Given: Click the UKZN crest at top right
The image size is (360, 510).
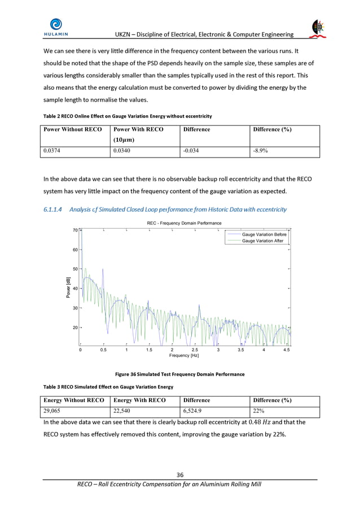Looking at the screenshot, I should (318, 28).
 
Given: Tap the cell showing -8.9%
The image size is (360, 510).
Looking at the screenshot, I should (260, 151).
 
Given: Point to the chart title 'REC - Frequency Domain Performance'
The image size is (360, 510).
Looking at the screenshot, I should (184, 223).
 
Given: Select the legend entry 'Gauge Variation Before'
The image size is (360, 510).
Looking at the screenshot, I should (264, 234).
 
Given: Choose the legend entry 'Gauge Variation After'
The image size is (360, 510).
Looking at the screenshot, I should (262, 241).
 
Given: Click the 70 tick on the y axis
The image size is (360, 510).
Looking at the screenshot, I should (74, 230).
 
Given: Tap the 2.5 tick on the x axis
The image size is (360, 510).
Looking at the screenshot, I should (195, 350).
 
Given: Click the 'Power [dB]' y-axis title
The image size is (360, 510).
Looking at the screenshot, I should (68, 287).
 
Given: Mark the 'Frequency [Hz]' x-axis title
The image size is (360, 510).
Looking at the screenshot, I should (184, 356).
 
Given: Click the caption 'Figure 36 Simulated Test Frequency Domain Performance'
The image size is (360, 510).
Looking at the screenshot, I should (179, 374).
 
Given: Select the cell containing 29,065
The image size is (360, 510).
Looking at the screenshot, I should (55, 411).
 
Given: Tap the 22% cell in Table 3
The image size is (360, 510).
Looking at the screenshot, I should (258, 411).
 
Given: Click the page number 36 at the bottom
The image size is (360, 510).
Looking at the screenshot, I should (180, 474).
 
